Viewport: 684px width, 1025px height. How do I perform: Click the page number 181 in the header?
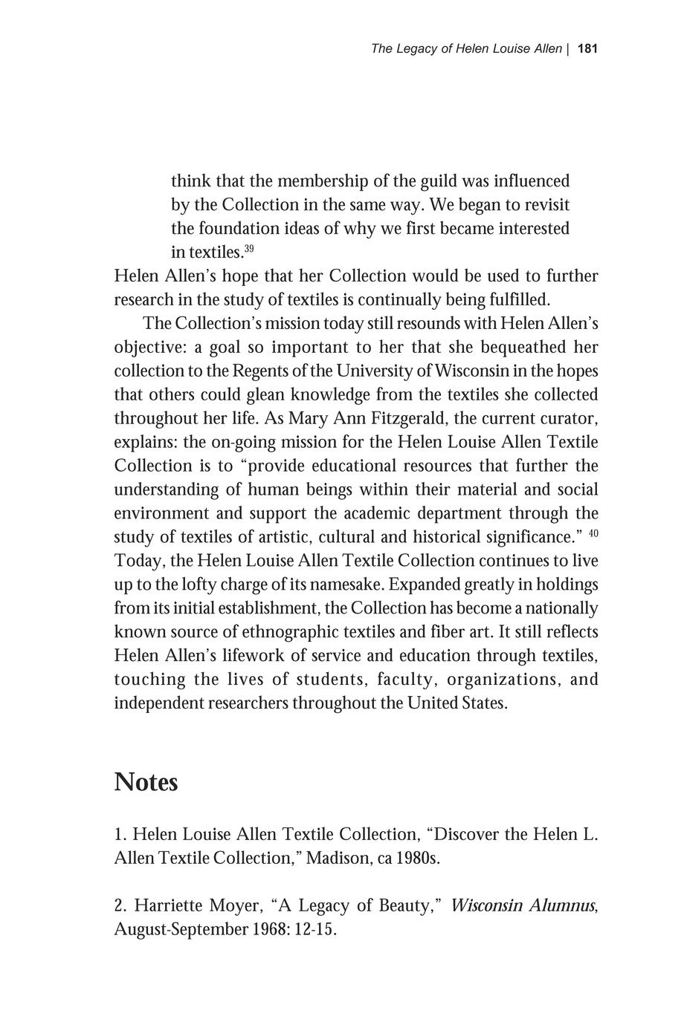tap(587, 49)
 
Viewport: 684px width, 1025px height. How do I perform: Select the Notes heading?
tap(146, 782)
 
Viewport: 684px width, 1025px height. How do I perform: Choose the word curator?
tap(569, 419)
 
